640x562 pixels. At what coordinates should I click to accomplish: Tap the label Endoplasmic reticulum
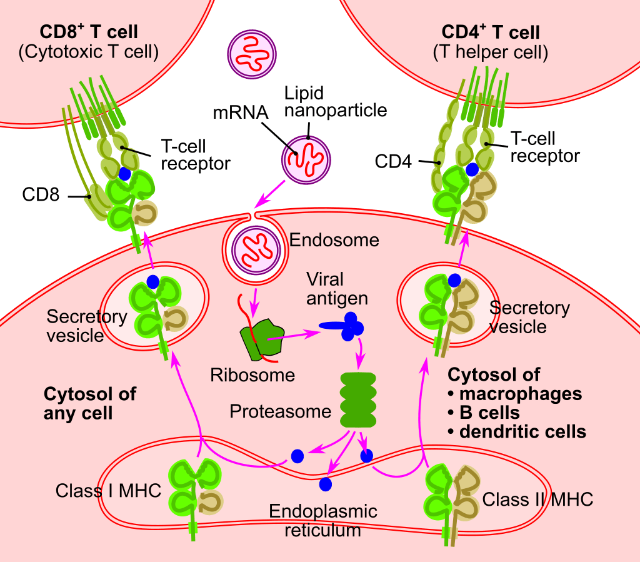(x=323, y=521)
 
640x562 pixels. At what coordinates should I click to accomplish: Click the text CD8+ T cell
(x=89, y=32)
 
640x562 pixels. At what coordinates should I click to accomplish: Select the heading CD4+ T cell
(x=491, y=33)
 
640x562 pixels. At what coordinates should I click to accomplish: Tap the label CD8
(x=41, y=196)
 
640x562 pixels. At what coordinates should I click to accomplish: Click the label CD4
(x=394, y=163)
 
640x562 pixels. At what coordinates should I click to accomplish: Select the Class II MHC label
(x=537, y=499)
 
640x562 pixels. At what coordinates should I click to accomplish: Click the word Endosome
(x=335, y=239)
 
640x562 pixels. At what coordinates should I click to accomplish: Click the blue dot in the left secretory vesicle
(x=151, y=281)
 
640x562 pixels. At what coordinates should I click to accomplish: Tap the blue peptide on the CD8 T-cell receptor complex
(x=127, y=173)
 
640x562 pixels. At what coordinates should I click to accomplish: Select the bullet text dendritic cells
(x=522, y=431)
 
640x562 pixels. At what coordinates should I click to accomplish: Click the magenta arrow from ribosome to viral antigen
(x=293, y=336)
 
